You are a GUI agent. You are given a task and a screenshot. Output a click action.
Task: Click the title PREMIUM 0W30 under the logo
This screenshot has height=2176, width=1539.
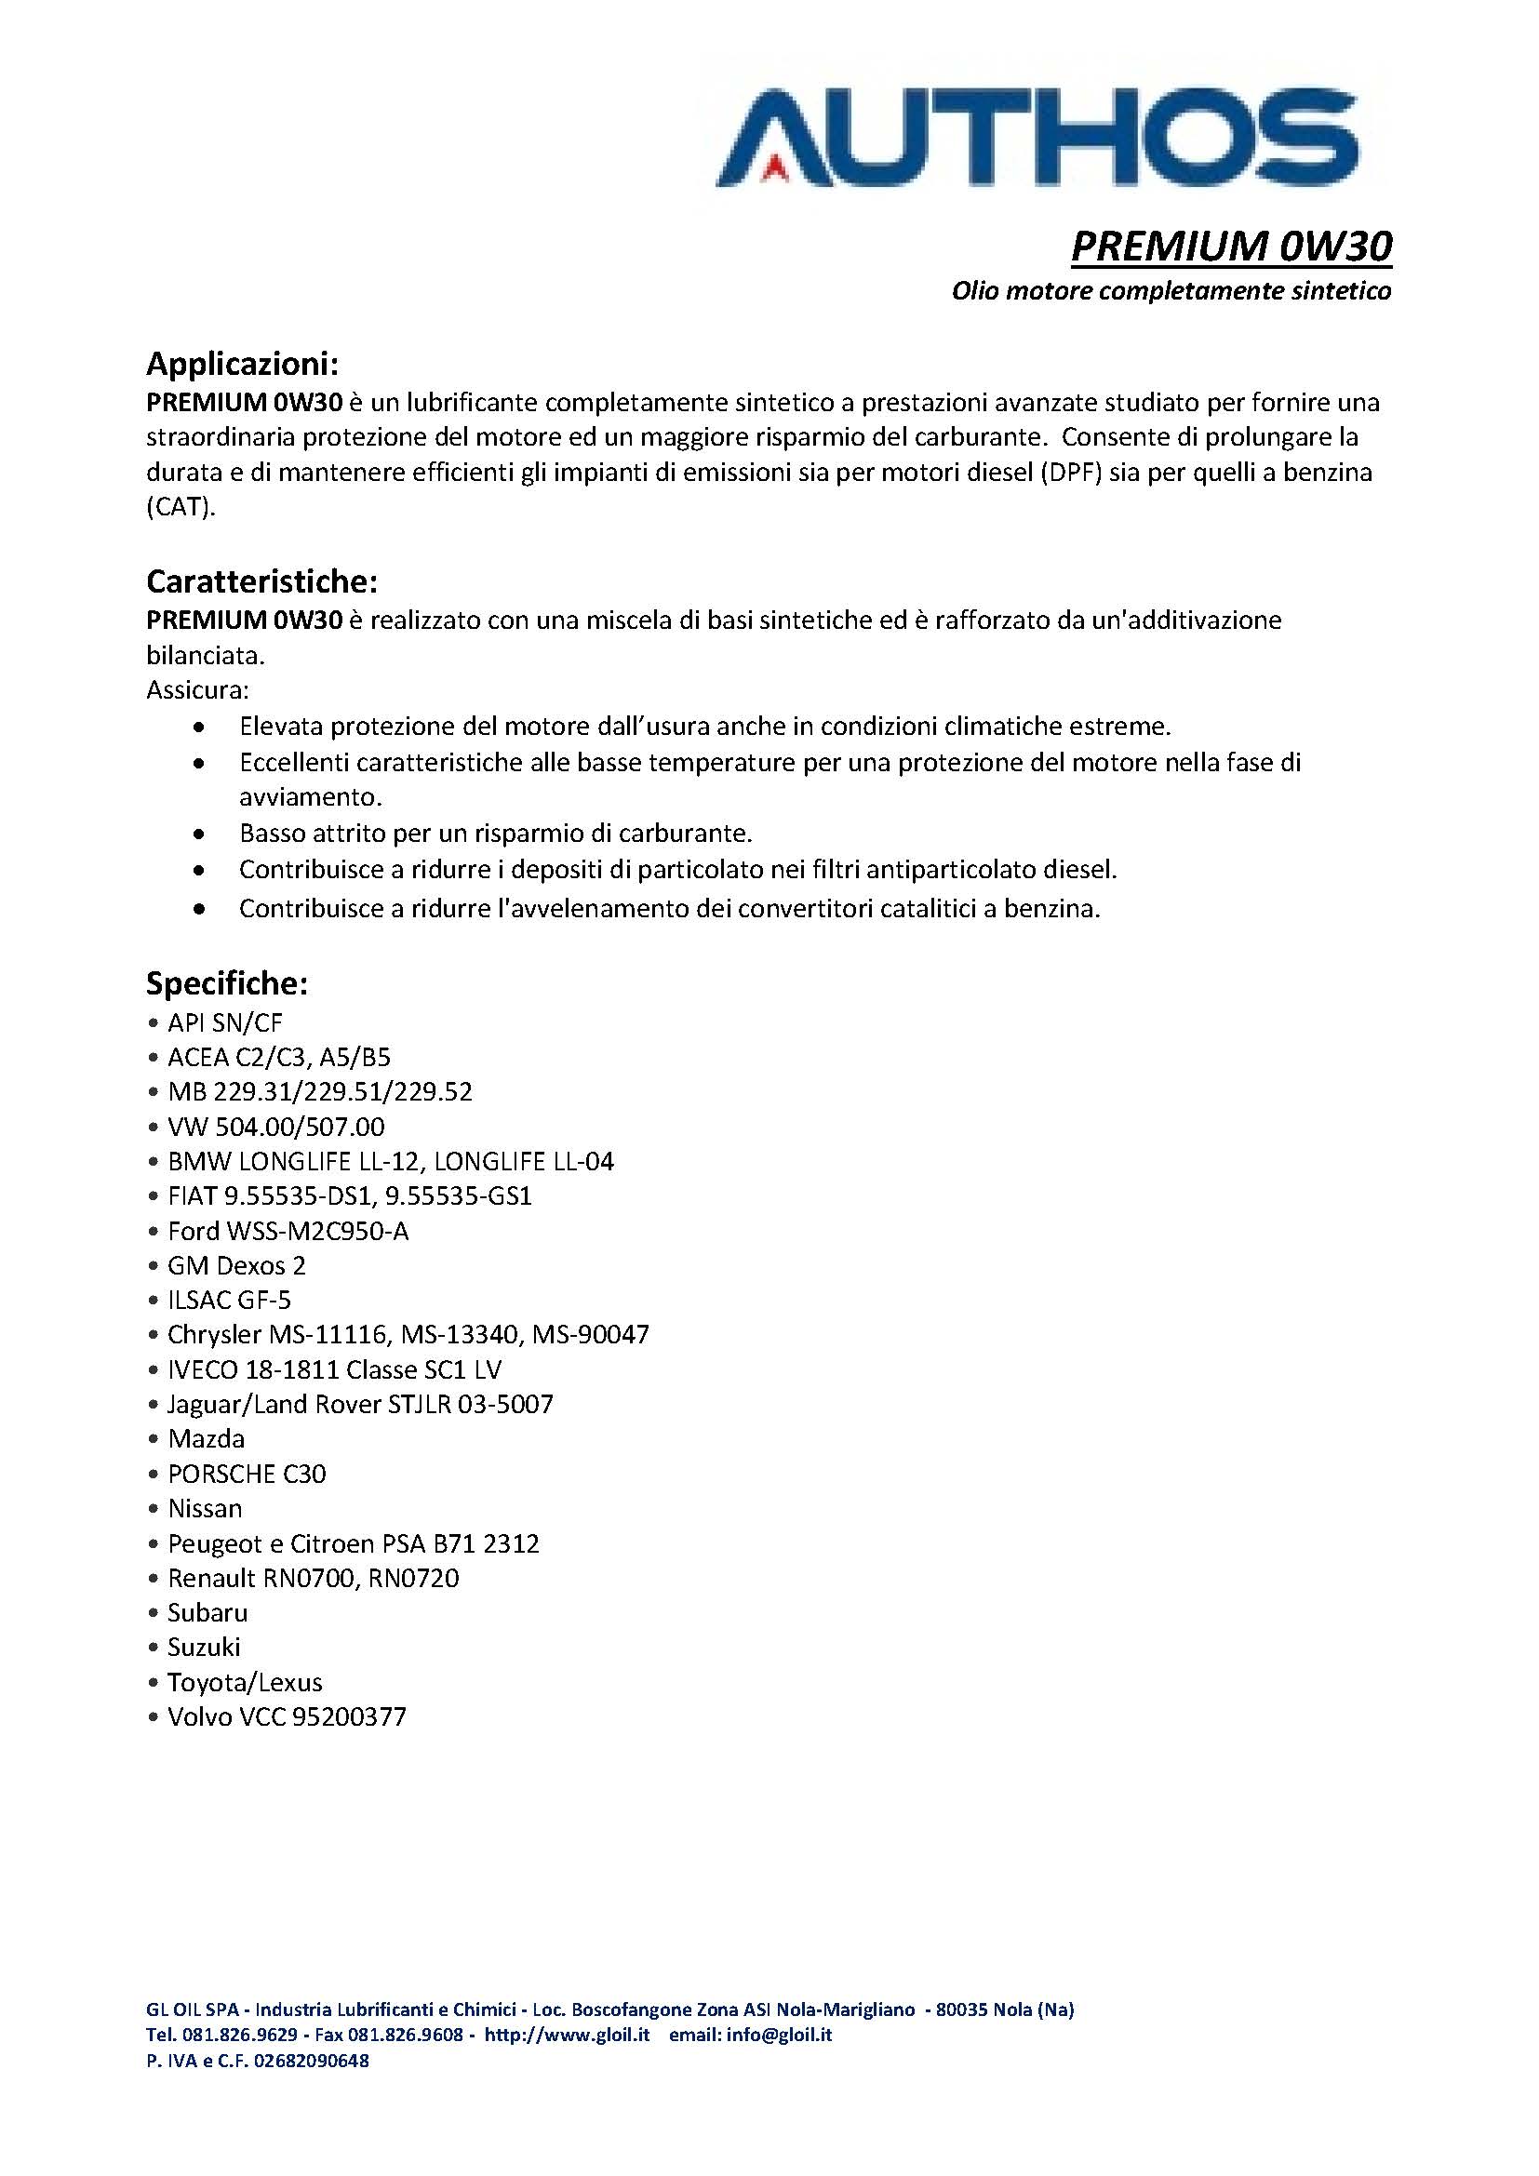click(1231, 247)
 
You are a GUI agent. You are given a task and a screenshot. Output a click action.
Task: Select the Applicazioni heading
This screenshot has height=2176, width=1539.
click(242, 363)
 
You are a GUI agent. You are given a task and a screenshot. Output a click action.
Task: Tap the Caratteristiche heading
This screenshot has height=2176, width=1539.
click(262, 580)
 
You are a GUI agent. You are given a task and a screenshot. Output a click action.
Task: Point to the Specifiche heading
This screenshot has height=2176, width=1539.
click(226, 983)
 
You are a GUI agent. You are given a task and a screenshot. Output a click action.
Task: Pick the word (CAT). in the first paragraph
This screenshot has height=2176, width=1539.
click(181, 507)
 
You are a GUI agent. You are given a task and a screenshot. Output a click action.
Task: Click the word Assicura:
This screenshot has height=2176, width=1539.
click(197, 690)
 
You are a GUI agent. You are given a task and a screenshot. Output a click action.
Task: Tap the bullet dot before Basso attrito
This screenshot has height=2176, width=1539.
click(198, 834)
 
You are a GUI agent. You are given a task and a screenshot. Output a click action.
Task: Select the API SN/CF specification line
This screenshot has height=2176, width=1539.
click(224, 1022)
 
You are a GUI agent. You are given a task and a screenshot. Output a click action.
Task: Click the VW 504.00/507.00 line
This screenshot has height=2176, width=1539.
click(275, 1127)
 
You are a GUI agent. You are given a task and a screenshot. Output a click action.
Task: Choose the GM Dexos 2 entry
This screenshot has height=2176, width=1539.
click(236, 1266)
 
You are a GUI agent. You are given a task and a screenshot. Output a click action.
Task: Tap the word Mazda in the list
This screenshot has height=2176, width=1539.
click(206, 1438)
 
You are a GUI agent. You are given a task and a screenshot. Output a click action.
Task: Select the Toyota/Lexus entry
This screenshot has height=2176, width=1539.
click(245, 1682)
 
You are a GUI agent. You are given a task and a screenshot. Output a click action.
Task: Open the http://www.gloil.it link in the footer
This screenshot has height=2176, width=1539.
click(567, 2035)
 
